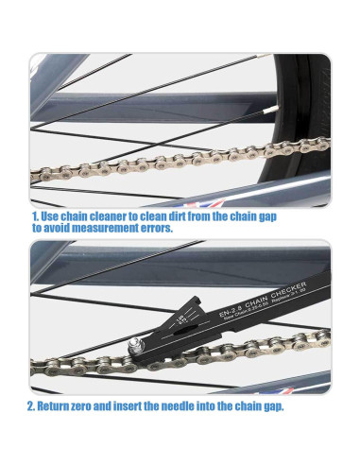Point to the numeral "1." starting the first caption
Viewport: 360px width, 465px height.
tap(37, 215)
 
